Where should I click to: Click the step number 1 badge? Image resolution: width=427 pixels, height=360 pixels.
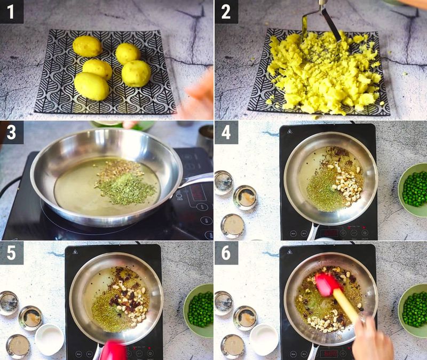[11, 11]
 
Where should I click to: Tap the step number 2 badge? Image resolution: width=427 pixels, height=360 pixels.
[226, 11]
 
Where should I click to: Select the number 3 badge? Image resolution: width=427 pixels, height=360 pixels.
[11, 133]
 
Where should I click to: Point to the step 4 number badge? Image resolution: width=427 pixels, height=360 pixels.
[226, 133]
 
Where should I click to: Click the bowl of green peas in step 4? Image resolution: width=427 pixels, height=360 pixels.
[414, 189]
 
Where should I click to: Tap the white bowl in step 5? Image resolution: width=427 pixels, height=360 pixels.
[50, 339]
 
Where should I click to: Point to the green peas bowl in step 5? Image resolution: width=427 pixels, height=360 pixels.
[200, 310]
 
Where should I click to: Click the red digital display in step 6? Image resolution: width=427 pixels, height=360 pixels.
[329, 353]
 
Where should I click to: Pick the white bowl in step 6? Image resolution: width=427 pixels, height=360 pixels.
[264, 339]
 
